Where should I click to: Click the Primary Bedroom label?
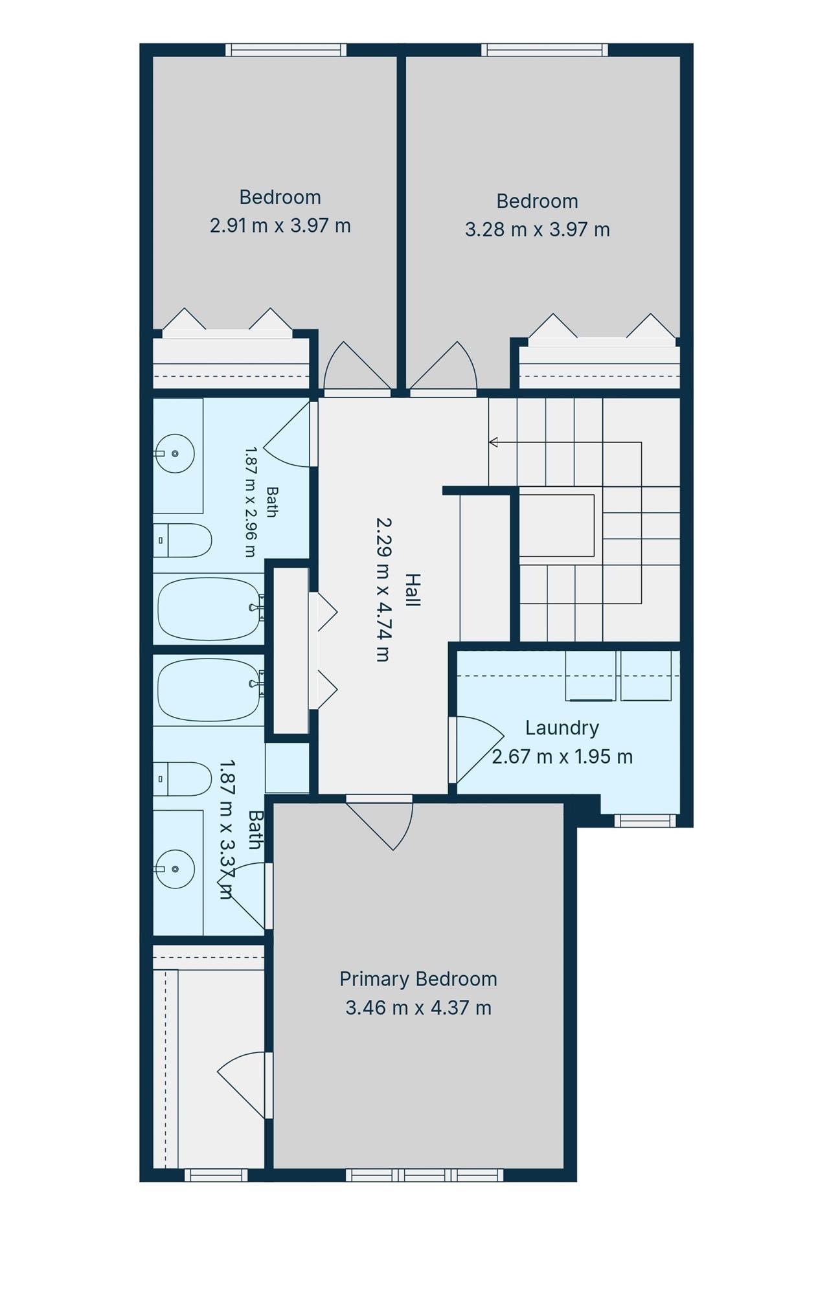(418, 978)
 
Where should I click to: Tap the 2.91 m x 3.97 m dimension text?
(280, 225)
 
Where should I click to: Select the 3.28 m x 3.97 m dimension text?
(537, 229)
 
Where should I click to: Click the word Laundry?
(562, 728)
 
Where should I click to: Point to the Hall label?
(412, 589)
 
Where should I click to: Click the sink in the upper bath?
(174, 453)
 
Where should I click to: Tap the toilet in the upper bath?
(183, 540)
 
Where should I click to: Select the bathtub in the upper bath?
(210, 608)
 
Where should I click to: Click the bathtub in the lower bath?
(210, 690)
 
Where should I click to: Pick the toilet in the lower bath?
(183, 778)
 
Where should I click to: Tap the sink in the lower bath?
(174, 869)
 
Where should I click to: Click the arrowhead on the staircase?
(493, 442)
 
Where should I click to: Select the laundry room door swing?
(479, 749)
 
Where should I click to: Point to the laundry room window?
(644, 820)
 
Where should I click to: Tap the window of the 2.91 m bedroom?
(286, 50)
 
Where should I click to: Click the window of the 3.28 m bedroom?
(545, 50)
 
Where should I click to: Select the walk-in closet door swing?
(243, 1084)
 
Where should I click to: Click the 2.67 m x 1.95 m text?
(562, 756)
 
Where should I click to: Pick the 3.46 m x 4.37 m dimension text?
(418, 1008)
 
